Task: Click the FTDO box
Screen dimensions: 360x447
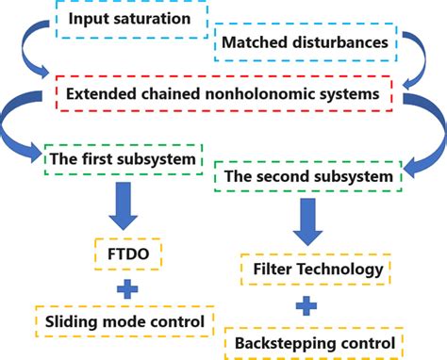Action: (x=128, y=254)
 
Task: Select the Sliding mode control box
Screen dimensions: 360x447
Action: (x=128, y=322)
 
